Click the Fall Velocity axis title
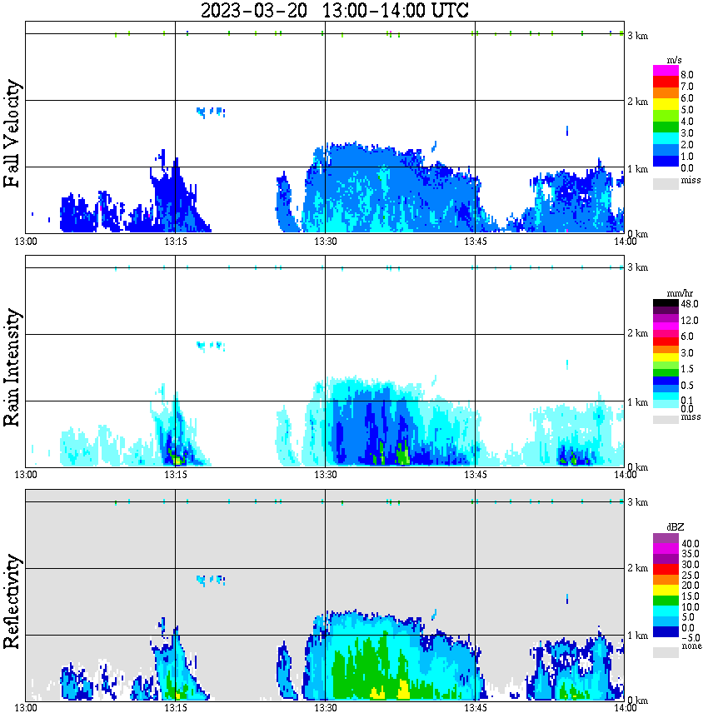tap(12, 134)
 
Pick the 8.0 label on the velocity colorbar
tap(687, 74)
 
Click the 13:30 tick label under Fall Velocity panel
tap(325, 242)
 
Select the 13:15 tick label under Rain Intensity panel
tap(175, 475)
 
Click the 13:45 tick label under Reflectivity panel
tap(475, 709)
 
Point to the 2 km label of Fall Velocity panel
tap(637, 102)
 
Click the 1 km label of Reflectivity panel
tap(637, 636)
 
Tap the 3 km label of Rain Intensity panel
tap(637, 267)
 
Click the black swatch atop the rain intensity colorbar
tap(666, 303)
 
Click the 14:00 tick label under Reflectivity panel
tap(625, 709)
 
